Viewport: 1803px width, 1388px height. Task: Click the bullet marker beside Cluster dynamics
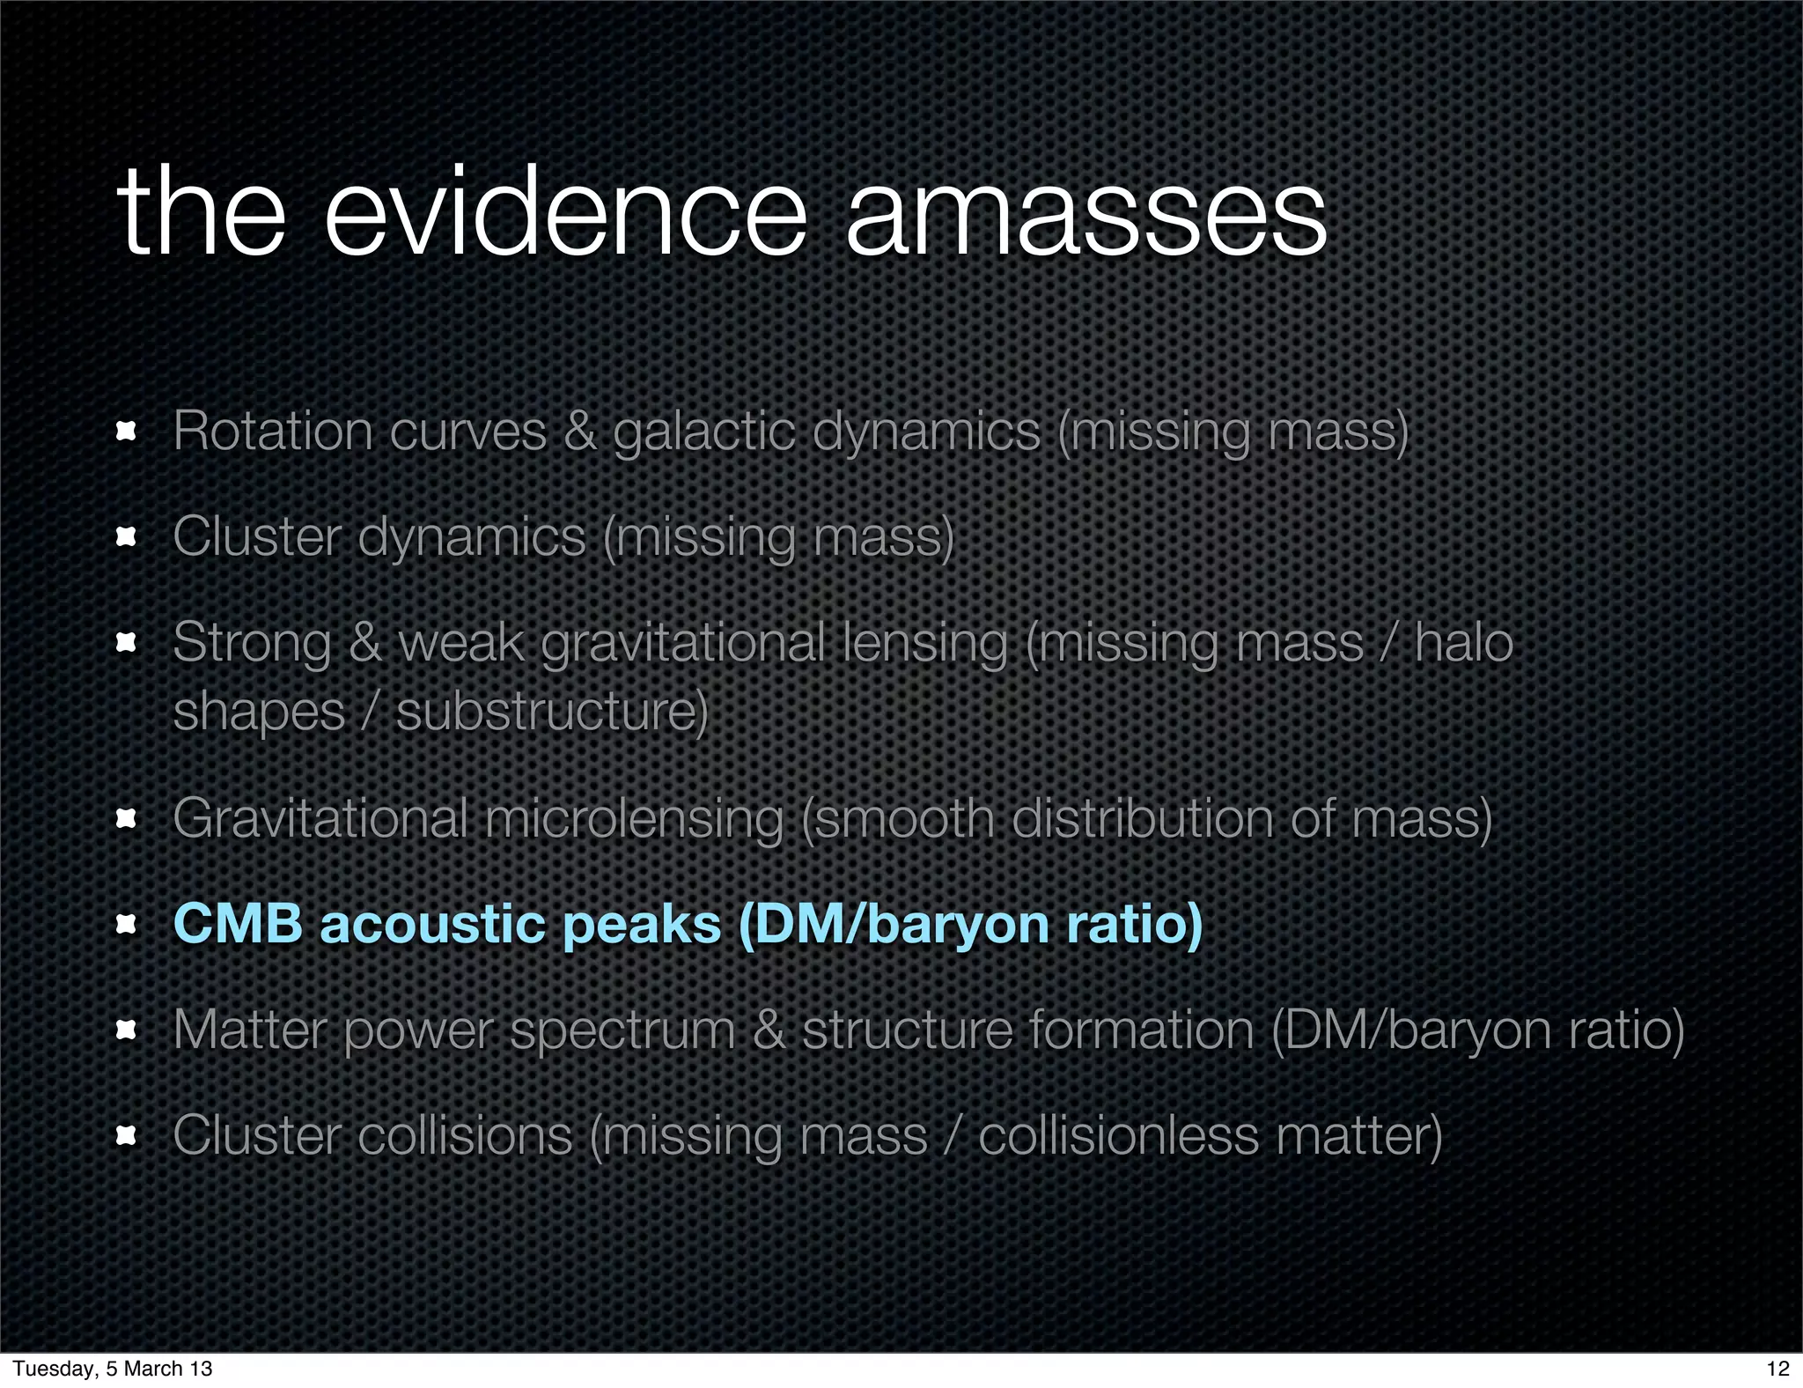click(x=127, y=536)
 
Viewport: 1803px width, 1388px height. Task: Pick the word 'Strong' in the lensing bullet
click(x=252, y=643)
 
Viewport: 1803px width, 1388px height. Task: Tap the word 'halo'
click(x=1463, y=642)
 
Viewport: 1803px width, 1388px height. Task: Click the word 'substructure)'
click(x=552, y=712)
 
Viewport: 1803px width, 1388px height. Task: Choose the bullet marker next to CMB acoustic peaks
click(x=127, y=924)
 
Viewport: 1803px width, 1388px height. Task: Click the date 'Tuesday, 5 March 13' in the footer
click(x=113, y=1368)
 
